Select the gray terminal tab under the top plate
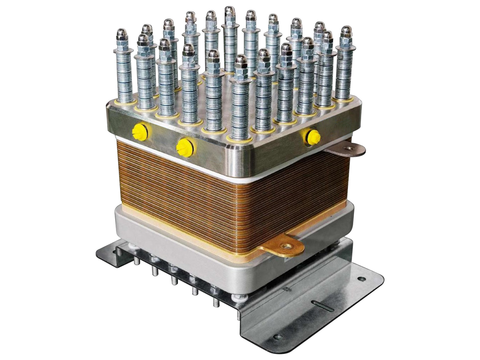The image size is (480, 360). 346,150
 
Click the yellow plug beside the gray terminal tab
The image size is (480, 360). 312,137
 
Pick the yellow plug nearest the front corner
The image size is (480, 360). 184,147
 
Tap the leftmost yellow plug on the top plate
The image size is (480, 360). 139,132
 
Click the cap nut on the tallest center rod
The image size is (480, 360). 230,12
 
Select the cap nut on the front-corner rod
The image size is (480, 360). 241,61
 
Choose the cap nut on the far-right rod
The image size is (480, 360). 346,32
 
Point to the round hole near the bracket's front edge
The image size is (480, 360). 278,337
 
